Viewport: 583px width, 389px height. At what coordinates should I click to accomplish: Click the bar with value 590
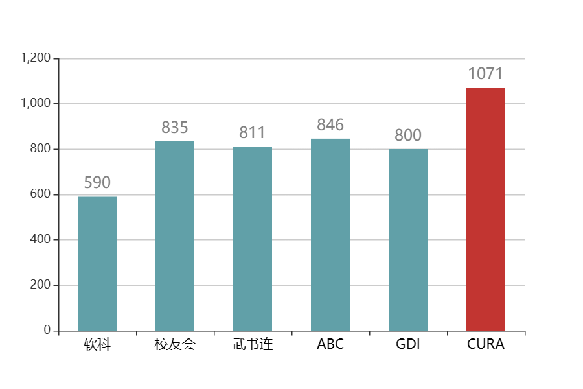pyautogui.click(x=97, y=263)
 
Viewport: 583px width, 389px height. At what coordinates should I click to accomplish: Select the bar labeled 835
pyautogui.click(x=175, y=235)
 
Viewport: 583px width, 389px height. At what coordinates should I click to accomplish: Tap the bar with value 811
pyautogui.click(x=253, y=239)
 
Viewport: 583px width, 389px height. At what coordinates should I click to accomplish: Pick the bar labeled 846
pyautogui.click(x=330, y=234)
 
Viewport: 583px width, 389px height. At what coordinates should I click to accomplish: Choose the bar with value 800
pyautogui.click(x=408, y=240)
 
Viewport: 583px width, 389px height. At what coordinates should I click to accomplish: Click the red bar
pyautogui.click(x=486, y=209)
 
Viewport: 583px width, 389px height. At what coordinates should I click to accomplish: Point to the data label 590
pyautogui.click(x=97, y=183)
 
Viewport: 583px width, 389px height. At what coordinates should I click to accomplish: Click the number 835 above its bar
pyautogui.click(x=175, y=128)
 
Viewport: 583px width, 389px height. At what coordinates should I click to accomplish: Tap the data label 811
pyautogui.click(x=253, y=133)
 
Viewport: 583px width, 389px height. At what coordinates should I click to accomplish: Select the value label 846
pyautogui.click(x=330, y=125)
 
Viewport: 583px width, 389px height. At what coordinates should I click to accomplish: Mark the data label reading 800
pyautogui.click(x=408, y=136)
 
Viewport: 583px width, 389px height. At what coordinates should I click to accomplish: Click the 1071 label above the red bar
pyautogui.click(x=486, y=74)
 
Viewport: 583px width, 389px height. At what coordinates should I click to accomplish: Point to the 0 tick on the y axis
pyautogui.click(x=47, y=331)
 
